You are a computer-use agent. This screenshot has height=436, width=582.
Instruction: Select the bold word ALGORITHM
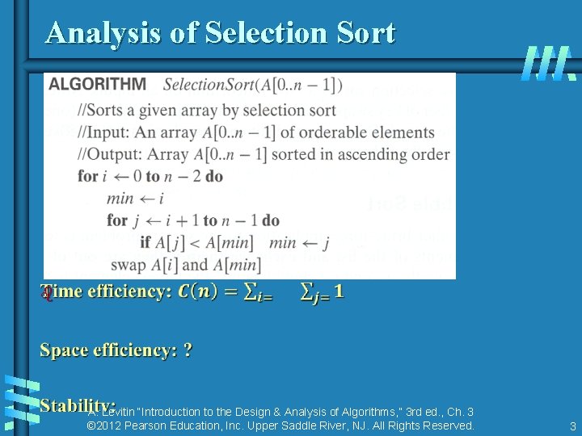[97, 84]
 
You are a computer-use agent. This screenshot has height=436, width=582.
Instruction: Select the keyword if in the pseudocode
[145, 242]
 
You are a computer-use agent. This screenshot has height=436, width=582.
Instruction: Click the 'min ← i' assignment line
[135, 198]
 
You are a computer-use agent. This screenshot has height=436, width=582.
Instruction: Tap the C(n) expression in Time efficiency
[197, 291]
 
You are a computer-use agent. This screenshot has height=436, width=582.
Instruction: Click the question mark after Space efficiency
[188, 350]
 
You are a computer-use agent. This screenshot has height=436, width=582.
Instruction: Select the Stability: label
[78, 405]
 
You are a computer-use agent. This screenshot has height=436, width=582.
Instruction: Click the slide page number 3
[572, 426]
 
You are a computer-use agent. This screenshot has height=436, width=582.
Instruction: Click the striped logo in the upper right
[548, 62]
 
